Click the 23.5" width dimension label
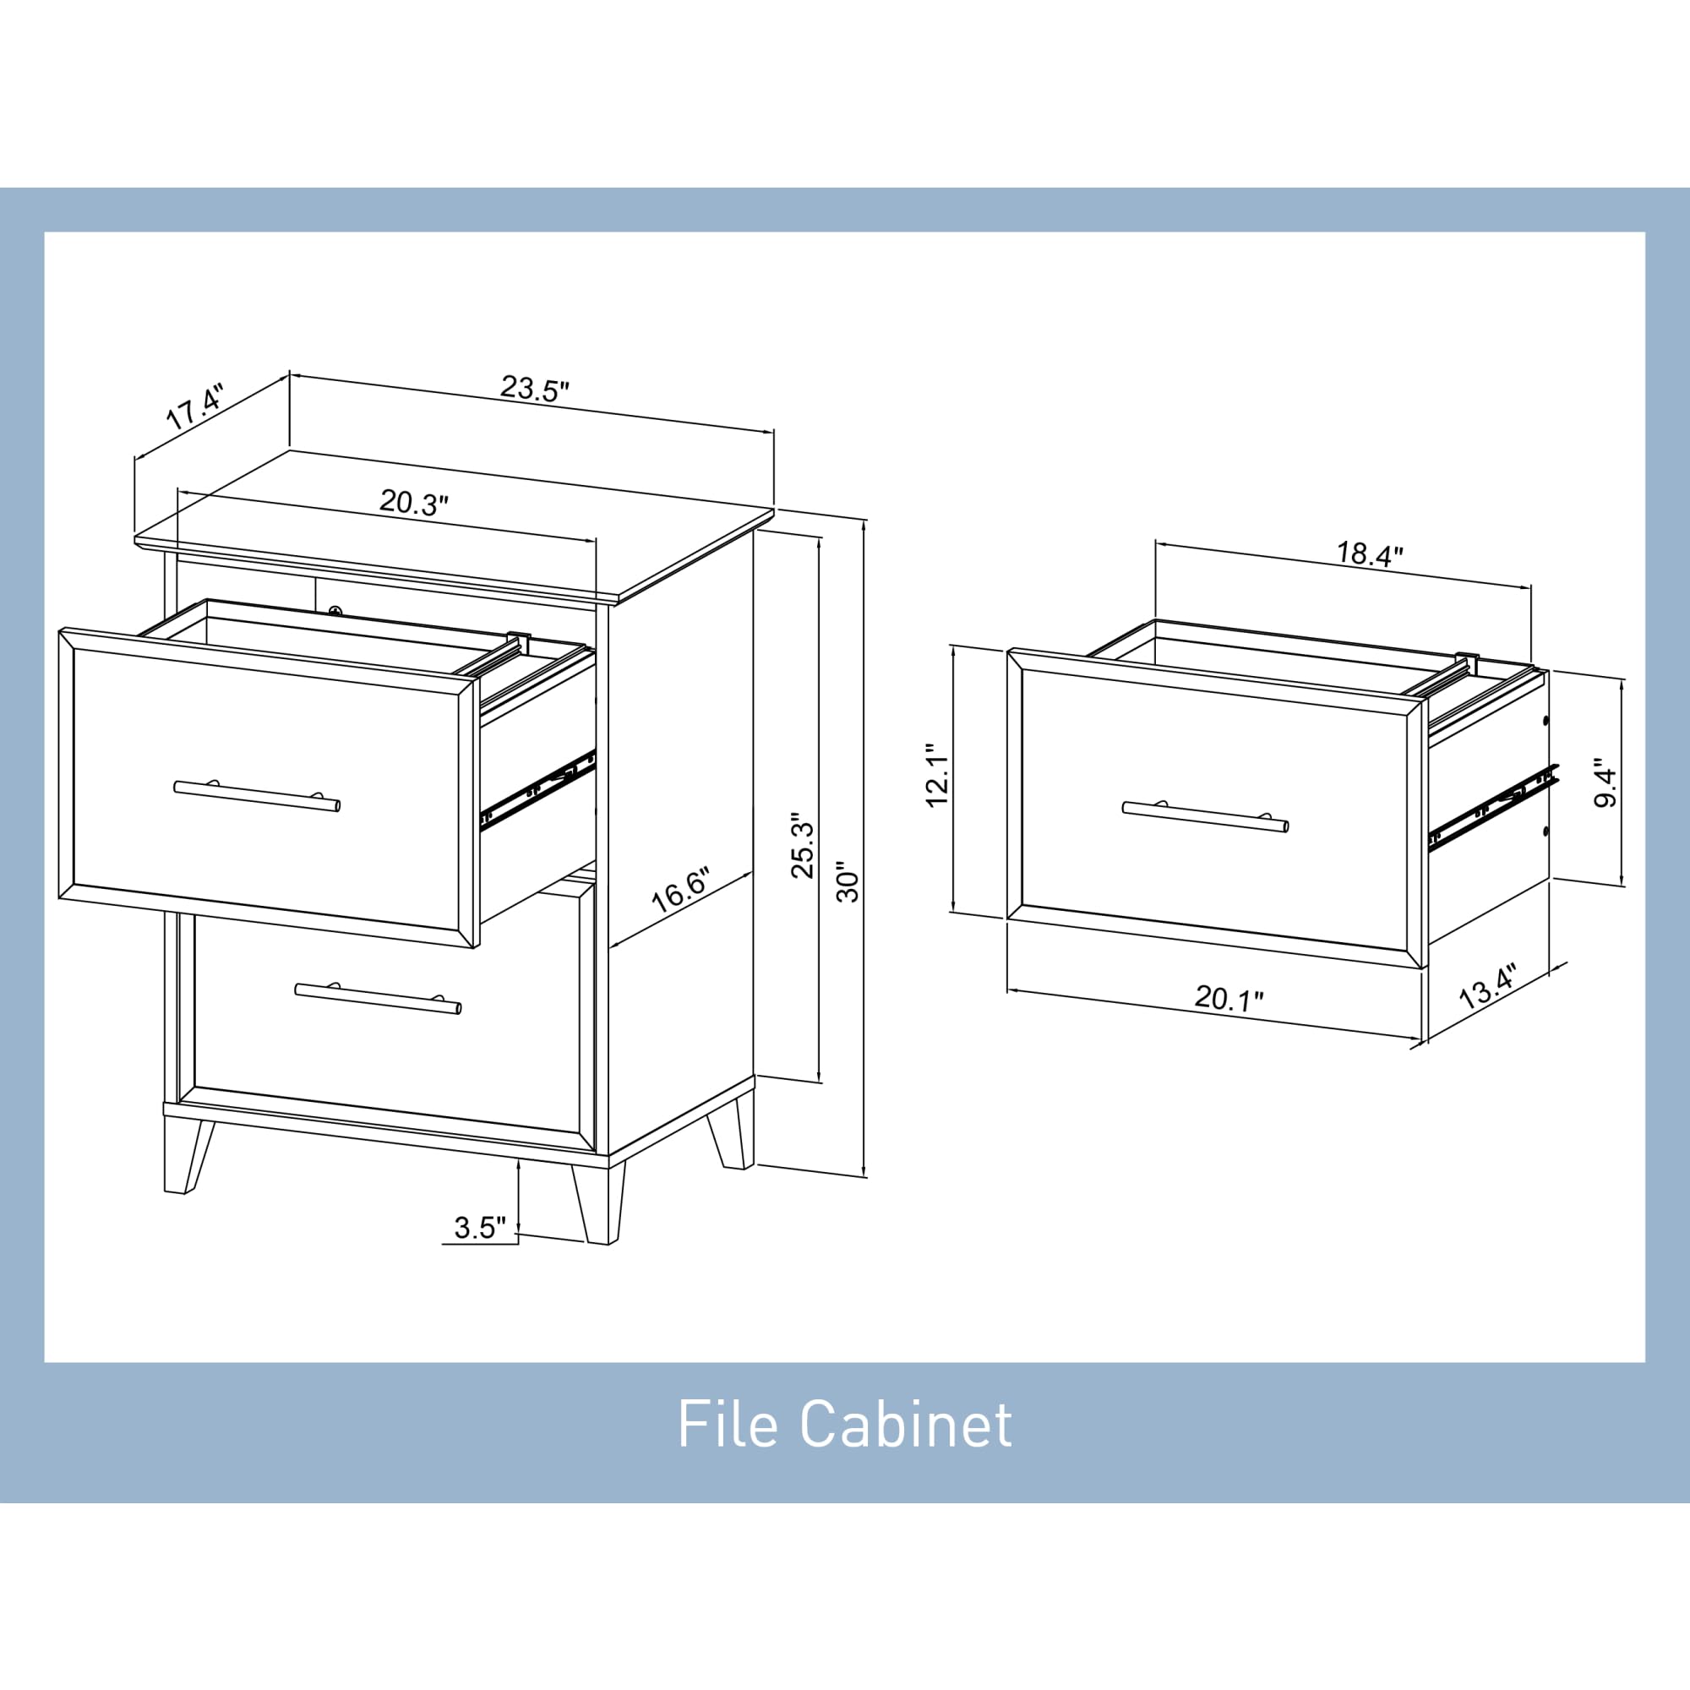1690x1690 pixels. (x=535, y=388)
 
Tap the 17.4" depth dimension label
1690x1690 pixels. (x=195, y=405)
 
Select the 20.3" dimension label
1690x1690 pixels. (x=414, y=503)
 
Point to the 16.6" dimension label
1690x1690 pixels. (x=680, y=891)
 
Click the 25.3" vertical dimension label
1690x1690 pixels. (x=802, y=849)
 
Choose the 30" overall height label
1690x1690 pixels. (x=848, y=886)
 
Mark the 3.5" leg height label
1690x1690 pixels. (x=480, y=1228)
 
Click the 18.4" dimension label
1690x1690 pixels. (x=1370, y=553)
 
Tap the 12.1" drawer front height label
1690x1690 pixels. (x=937, y=776)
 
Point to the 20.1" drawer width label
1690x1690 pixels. (x=1229, y=998)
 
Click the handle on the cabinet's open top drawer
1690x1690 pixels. (x=257, y=796)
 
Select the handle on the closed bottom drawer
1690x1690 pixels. (x=378, y=998)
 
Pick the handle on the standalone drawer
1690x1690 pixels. (x=1204, y=816)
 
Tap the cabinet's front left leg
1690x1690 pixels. (x=184, y=1154)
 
